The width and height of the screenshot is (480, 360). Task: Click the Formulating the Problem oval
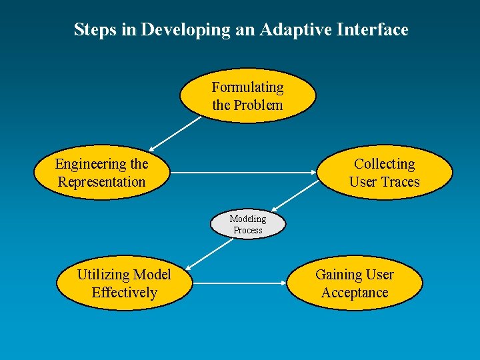tap(247, 96)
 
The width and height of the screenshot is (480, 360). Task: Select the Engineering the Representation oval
tap(101, 173)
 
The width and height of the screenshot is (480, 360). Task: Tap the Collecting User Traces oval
tap(384, 173)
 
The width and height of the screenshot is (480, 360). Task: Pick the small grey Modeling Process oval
tap(247, 224)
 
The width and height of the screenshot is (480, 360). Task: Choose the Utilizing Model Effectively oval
tap(124, 283)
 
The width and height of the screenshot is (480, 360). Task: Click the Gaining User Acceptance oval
tap(354, 283)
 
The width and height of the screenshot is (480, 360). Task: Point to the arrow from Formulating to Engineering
tap(175, 134)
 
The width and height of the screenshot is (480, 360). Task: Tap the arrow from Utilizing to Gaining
tap(240, 283)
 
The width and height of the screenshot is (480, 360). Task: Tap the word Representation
tap(101, 182)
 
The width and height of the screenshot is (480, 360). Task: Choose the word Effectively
tap(124, 293)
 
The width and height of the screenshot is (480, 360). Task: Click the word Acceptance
tap(354, 293)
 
